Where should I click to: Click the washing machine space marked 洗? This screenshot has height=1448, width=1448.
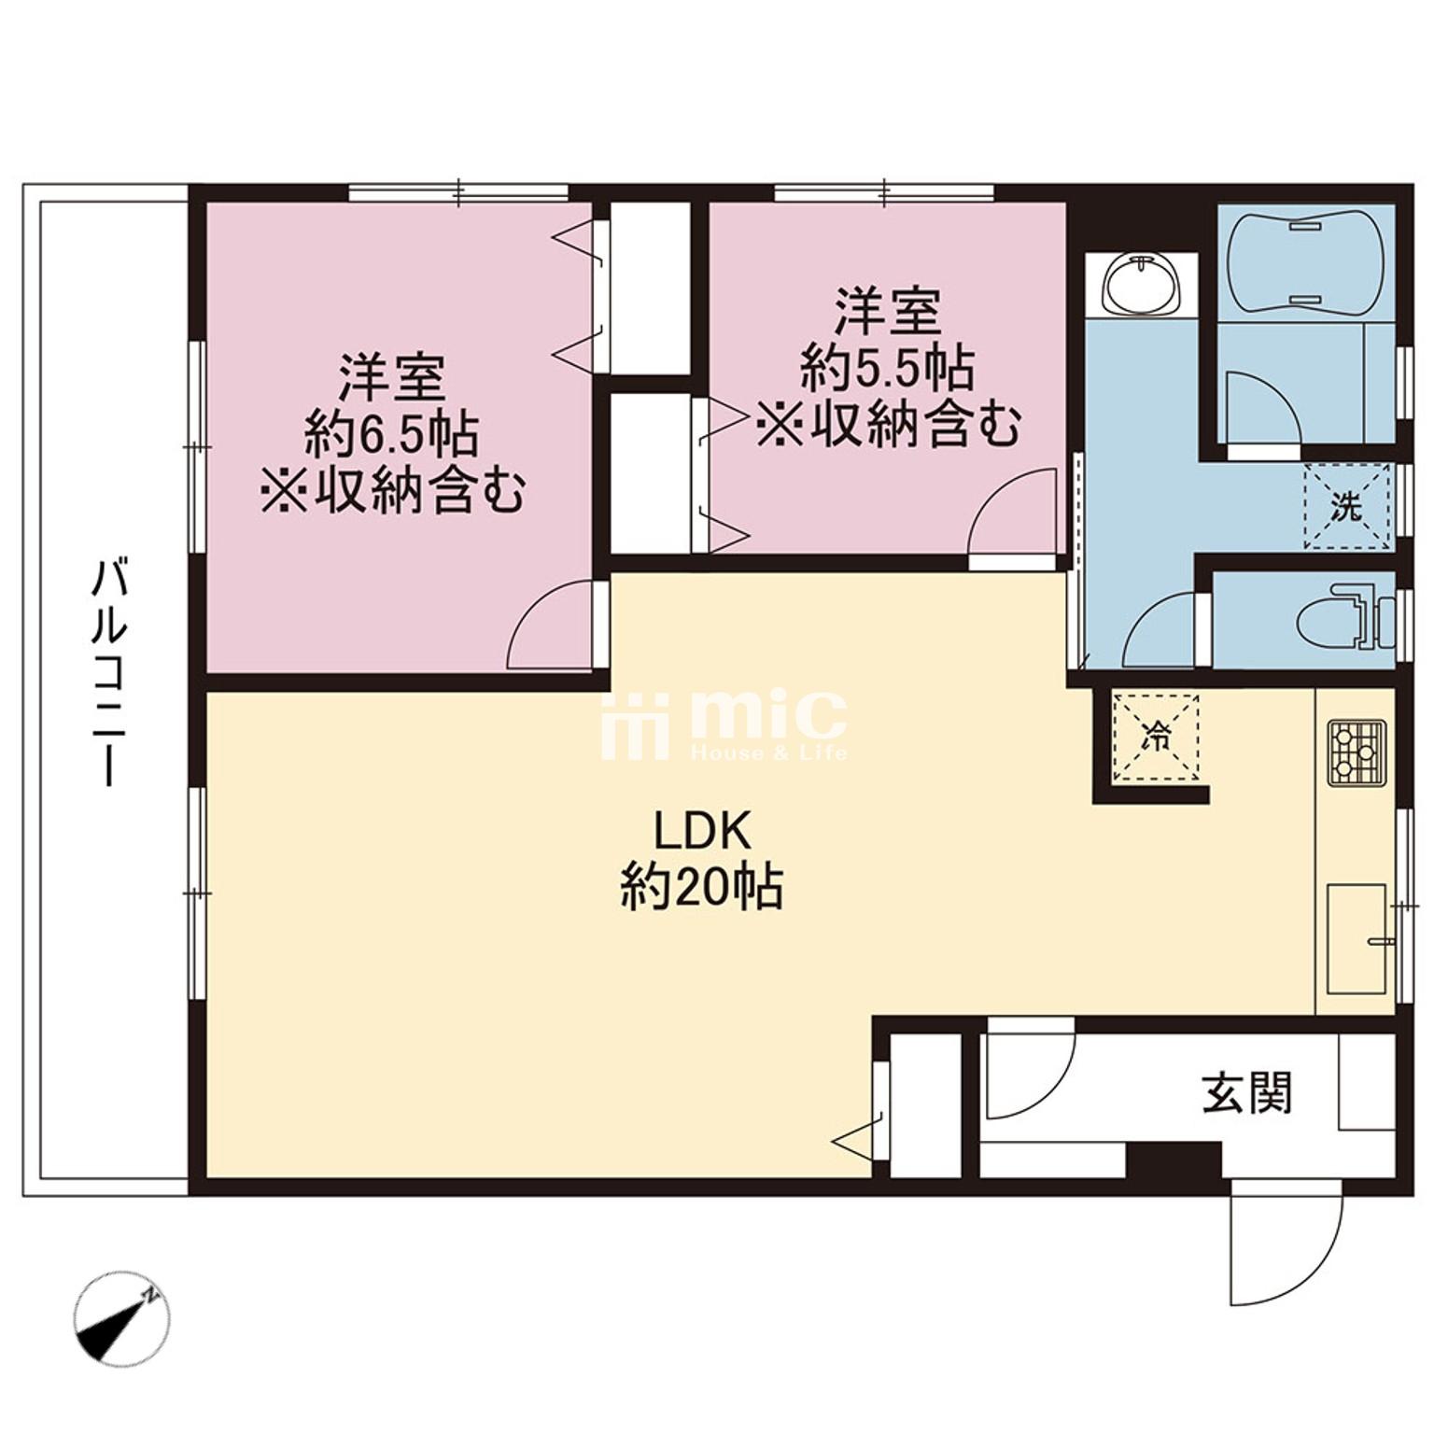(x=1346, y=507)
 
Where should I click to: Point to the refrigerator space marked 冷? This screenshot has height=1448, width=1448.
(x=1156, y=736)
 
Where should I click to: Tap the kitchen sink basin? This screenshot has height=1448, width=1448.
(x=1357, y=936)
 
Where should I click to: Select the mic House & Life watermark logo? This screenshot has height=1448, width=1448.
(x=724, y=724)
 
